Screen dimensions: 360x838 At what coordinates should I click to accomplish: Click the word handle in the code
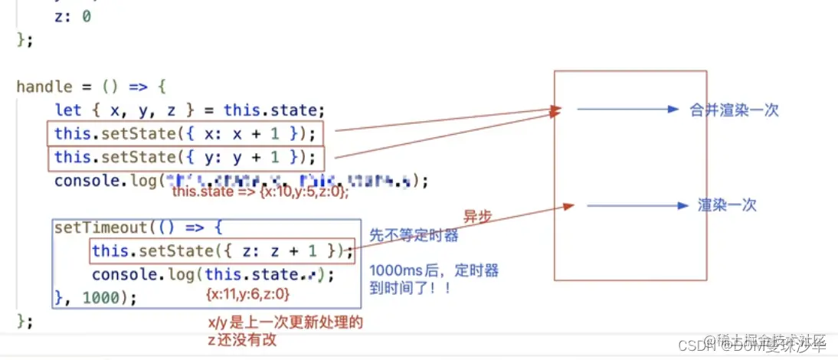pos(44,87)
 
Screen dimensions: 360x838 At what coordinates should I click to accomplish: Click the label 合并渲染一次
pos(734,110)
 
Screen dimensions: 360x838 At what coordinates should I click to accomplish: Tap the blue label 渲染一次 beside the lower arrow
pos(727,205)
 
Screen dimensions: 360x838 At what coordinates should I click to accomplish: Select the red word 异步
pos(477,216)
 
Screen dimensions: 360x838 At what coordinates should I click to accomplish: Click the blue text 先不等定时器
pos(414,236)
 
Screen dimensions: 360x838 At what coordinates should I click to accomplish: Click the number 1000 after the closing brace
pos(100,298)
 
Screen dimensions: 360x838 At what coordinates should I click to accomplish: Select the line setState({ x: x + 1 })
pos(184,134)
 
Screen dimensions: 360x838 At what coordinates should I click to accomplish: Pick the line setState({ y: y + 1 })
pos(184,158)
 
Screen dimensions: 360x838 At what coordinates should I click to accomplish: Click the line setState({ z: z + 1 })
pos(222,251)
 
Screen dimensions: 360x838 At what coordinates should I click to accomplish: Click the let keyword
pos(68,110)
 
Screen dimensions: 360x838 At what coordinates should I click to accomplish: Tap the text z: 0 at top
pos(73,15)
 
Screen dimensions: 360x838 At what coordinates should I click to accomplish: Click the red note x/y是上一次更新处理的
pos(285,323)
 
